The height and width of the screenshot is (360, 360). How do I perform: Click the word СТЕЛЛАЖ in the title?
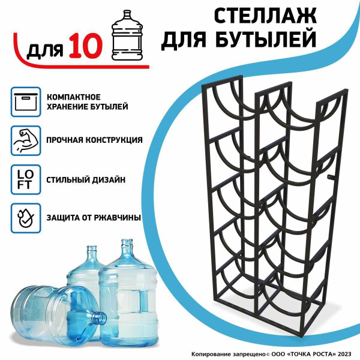pyautogui.click(x=265, y=16)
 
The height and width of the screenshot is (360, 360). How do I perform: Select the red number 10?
pyautogui.click(x=85, y=46)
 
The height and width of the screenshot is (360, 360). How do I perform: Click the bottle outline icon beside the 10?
pyautogui.click(x=127, y=35)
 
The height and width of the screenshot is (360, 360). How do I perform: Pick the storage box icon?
pyautogui.click(x=26, y=102)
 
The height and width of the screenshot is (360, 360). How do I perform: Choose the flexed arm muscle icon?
pyautogui.click(x=26, y=140)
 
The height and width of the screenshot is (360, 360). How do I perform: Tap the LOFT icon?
pyautogui.click(x=26, y=179)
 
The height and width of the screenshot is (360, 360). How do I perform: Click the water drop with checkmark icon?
pyautogui.click(x=26, y=218)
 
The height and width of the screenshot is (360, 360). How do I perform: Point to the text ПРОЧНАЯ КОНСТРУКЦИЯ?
pyautogui.click(x=94, y=140)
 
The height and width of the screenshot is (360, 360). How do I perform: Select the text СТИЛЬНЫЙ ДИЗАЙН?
pyautogui.click(x=86, y=179)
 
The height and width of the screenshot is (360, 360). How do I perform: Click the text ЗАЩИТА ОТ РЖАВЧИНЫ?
pyautogui.click(x=94, y=218)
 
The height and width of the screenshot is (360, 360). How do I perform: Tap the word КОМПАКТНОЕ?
pyautogui.click(x=74, y=97)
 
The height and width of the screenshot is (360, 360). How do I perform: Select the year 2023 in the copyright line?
pyautogui.click(x=344, y=354)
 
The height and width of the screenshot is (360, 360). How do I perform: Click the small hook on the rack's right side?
pyautogui.click(x=331, y=177)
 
